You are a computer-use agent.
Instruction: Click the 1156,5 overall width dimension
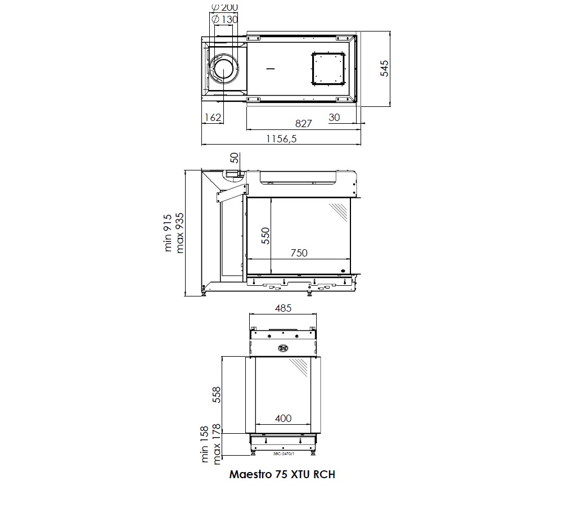pyautogui.click(x=281, y=138)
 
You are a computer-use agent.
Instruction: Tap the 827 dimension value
pyautogui.click(x=303, y=123)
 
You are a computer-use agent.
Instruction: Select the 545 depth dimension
pyautogui.click(x=384, y=68)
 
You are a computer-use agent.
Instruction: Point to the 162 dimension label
pyautogui.click(x=213, y=117)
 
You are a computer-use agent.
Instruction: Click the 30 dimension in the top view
pyautogui.click(x=334, y=117)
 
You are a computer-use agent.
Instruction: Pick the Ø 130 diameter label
pyautogui.click(x=225, y=19)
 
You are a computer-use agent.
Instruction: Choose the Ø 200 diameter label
pyautogui.click(x=225, y=7)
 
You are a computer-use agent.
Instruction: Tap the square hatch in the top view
pyautogui.click(x=328, y=69)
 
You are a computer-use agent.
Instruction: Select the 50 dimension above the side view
pyautogui.click(x=235, y=158)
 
